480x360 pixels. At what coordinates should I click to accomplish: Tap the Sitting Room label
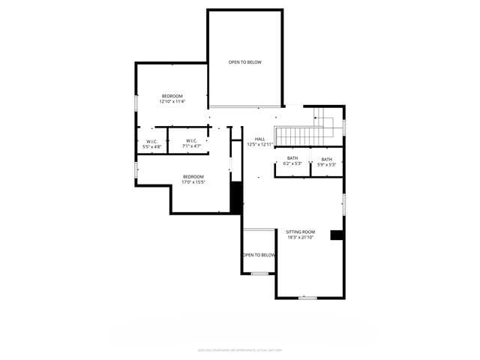click(x=300, y=232)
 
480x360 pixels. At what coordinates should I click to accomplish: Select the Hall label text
click(x=259, y=139)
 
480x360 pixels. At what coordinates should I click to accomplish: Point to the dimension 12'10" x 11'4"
click(x=172, y=102)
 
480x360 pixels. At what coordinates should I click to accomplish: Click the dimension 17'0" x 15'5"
click(x=193, y=182)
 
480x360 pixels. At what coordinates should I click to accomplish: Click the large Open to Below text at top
click(x=245, y=62)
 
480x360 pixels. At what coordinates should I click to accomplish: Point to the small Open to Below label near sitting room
click(x=259, y=255)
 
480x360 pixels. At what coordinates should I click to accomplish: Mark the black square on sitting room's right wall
click(x=337, y=235)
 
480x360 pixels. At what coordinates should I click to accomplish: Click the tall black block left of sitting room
click(x=235, y=198)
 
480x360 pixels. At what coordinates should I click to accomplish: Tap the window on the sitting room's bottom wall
click(x=307, y=298)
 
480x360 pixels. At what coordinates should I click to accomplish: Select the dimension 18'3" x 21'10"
click(x=300, y=238)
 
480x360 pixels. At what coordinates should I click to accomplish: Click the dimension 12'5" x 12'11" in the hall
click(x=260, y=144)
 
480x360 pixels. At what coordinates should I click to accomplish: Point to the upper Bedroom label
click(x=172, y=96)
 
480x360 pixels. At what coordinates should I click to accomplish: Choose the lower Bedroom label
click(x=193, y=176)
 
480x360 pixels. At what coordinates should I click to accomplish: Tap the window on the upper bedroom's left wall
click(x=136, y=103)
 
